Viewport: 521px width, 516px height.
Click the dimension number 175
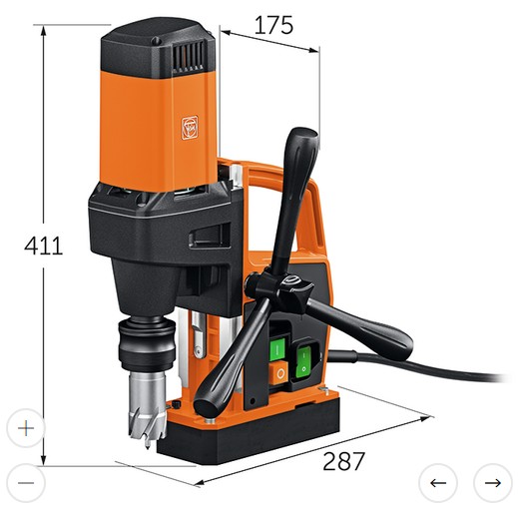click(272, 24)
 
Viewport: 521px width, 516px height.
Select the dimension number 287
click(343, 460)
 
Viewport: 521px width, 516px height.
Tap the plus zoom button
click(26, 427)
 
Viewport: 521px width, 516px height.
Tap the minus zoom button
click(26, 483)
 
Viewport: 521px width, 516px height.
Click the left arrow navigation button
click(437, 483)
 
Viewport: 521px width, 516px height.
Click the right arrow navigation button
click(492, 483)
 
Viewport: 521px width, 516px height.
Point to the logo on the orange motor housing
click(190, 127)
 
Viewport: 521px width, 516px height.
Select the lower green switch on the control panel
click(301, 358)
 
